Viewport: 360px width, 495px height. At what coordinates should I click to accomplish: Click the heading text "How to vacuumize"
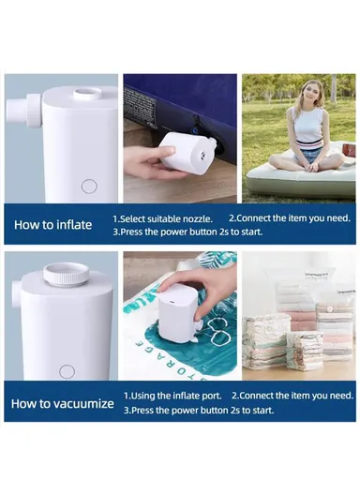coord(63,404)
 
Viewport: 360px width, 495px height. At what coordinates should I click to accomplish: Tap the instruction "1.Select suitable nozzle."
coord(167,217)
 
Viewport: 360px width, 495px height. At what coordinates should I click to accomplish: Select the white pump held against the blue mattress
coord(187,151)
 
